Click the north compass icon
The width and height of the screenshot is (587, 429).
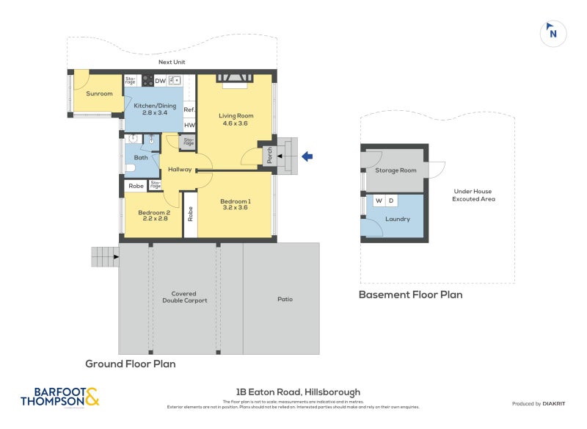tap(553, 32)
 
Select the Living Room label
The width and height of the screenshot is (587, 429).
tap(236, 119)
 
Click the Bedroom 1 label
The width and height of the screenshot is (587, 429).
tap(236, 205)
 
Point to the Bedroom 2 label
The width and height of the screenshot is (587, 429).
tap(153, 214)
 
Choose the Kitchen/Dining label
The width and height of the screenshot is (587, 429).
tap(150, 109)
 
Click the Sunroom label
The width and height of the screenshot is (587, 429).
tap(99, 94)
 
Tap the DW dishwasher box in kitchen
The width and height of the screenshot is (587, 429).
tap(160, 81)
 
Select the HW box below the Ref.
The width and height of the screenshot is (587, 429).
tap(189, 125)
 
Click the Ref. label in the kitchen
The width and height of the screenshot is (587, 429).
tap(189, 110)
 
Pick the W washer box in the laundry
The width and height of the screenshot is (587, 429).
tap(379, 201)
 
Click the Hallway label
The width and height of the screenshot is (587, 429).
tap(179, 170)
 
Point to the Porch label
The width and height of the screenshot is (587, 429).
tap(269, 156)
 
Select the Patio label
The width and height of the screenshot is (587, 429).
tap(285, 299)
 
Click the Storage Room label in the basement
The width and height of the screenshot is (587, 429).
tap(395, 170)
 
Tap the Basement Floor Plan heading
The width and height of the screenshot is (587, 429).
tap(410, 295)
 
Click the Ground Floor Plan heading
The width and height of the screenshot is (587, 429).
tap(130, 364)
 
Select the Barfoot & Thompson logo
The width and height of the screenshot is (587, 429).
tap(59, 397)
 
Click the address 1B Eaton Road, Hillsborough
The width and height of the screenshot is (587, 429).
tap(298, 392)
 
